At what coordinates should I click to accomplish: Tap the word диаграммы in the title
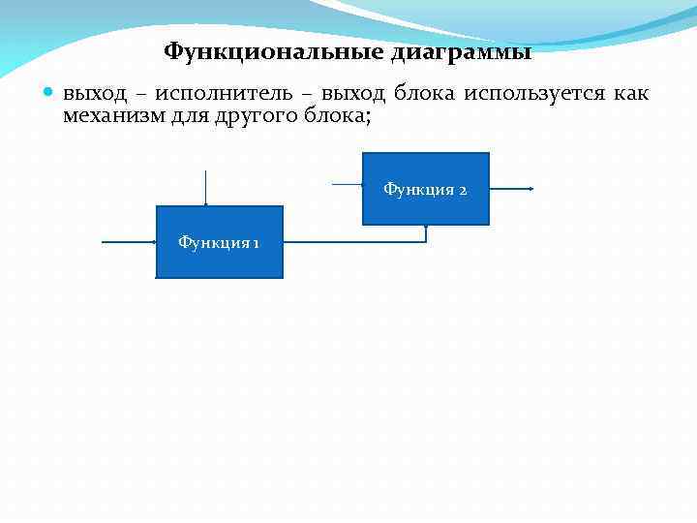tap(461, 51)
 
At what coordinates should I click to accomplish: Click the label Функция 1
tap(218, 242)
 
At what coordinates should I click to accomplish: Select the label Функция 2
tap(425, 189)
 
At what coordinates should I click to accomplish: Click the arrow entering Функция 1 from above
tap(205, 188)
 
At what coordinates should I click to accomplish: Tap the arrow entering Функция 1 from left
tap(129, 242)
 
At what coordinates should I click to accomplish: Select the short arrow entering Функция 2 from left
tap(347, 183)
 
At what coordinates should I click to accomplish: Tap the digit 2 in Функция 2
tap(463, 190)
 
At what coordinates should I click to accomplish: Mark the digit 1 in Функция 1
tap(256, 242)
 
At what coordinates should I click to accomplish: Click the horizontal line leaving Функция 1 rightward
tap(353, 242)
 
